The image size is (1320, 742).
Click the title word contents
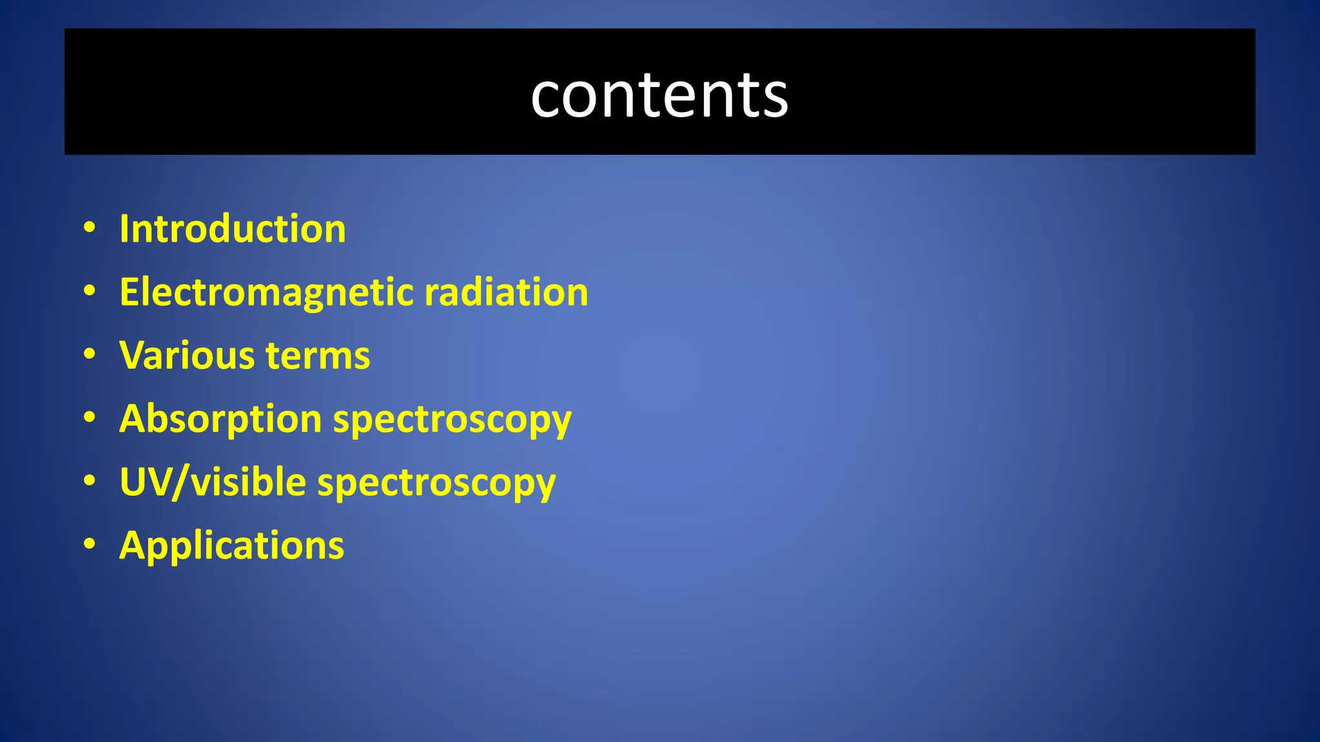pyautogui.click(x=659, y=96)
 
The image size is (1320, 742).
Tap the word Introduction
pyautogui.click(x=233, y=229)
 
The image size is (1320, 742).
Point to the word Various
pyautogui.click(x=188, y=356)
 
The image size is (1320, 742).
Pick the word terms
pyautogui.click(x=318, y=356)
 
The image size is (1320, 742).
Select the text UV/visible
pyautogui.click(x=213, y=482)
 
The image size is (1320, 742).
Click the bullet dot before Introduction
pyautogui.click(x=90, y=227)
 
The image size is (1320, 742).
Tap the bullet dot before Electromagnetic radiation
pyautogui.click(x=90, y=290)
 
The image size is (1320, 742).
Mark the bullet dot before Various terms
pyautogui.click(x=90, y=354)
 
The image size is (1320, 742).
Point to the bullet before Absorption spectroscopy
pyautogui.click(x=90, y=417)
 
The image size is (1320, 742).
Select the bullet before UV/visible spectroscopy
pyautogui.click(x=90, y=480)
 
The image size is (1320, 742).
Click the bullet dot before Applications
pyautogui.click(x=90, y=544)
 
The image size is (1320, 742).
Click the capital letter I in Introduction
pyautogui.click(x=124, y=229)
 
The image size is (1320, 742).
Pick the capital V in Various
pyautogui.click(x=133, y=356)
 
